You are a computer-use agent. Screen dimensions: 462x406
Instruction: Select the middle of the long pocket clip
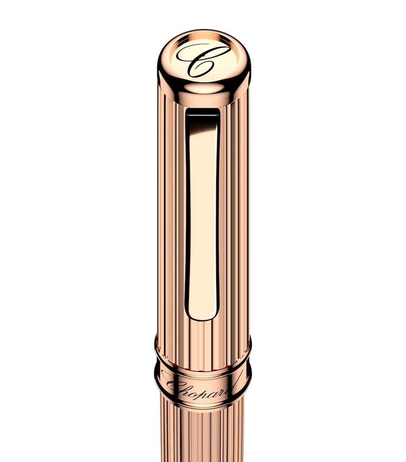tap(202, 212)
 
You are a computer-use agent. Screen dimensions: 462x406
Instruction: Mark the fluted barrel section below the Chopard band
tap(203, 436)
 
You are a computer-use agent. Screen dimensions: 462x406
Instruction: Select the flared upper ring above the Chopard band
tap(203, 348)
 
